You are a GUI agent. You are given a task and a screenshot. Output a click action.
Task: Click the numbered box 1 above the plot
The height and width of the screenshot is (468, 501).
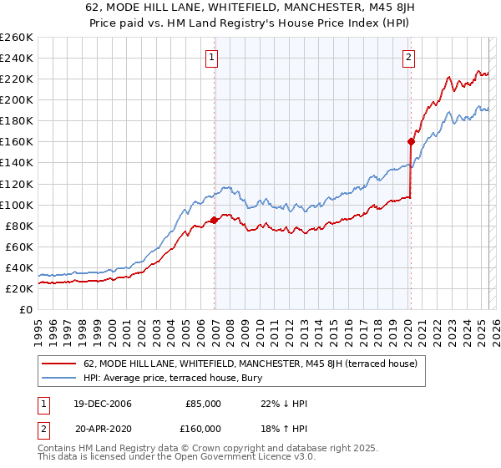pos(212,58)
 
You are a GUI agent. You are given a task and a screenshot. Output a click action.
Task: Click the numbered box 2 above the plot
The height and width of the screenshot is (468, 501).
pos(409,58)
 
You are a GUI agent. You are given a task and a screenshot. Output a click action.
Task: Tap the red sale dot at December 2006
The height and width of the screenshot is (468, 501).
pos(215,220)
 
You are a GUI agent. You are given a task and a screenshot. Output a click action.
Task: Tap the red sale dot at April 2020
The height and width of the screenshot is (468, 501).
pos(411,141)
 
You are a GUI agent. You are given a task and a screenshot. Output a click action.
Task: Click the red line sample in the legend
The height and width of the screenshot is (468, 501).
pos(58,364)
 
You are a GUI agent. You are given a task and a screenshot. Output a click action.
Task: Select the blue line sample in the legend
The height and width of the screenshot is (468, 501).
pos(58,378)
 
